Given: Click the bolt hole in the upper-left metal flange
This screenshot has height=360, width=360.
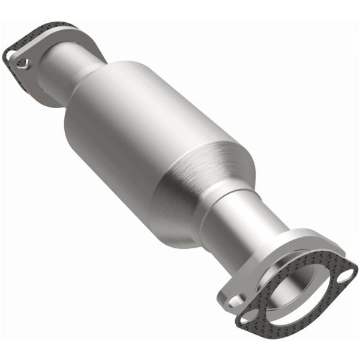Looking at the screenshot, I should [24, 61].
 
